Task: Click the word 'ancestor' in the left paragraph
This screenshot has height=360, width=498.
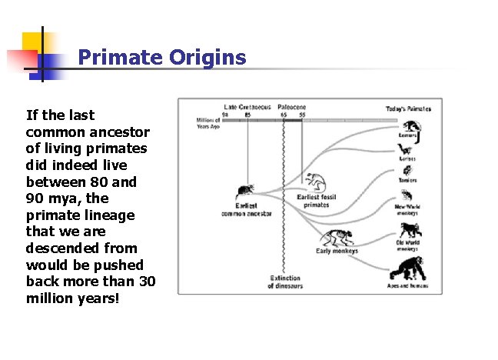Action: pyautogui.click(x=122, y=132)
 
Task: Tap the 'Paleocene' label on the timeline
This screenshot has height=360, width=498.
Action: pyautogui.click(x=292, y=107)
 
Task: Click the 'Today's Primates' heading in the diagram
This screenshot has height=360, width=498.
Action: pyautogui.click(x=407, y=108)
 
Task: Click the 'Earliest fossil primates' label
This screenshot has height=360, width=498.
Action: pyautogui.click(x=317, y=202)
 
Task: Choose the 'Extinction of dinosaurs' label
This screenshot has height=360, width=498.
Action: pyautogui.click(x=284, y=282)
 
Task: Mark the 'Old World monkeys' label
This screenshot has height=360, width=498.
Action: pyautogui.click(x=407, y=246)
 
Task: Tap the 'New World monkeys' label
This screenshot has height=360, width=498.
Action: pyautogui.click(x=407, y=209)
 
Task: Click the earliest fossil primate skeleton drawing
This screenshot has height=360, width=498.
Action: pyautogui.click(x=314, y=182)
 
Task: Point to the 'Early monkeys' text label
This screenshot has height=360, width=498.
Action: pyautogui.click(x=337, y=252)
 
